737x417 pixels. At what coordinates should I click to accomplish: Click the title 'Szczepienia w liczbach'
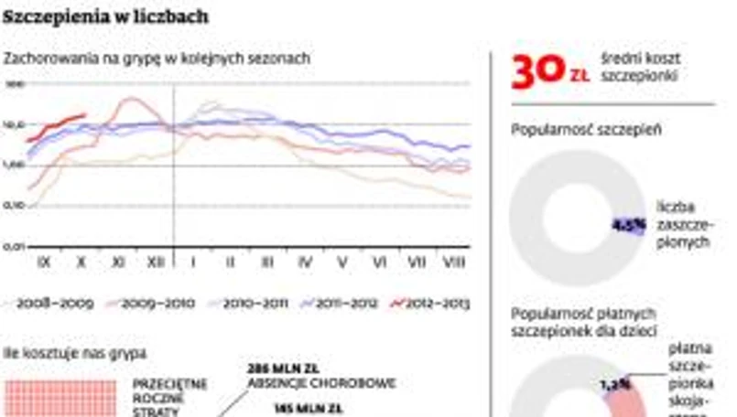[x=106, y=17]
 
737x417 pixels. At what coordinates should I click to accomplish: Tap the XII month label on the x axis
[x=157, y=262]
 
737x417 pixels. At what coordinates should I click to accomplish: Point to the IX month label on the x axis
[x=43, y=262]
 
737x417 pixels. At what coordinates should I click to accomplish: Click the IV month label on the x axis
[x=305, y=262]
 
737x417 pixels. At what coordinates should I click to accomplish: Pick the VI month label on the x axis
[x=380, y=262]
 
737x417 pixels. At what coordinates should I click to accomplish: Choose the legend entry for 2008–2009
[x=55, y=303]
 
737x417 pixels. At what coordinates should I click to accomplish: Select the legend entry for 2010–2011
[x=243, y=303]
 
